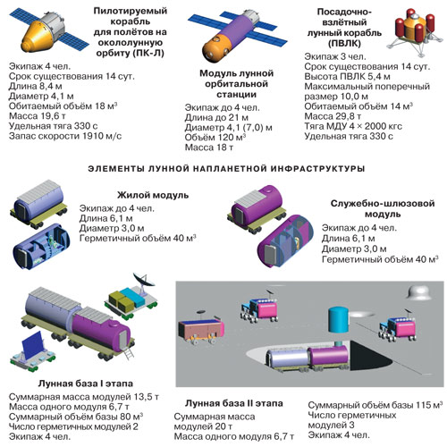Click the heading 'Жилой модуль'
click(153, 195)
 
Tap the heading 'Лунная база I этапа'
click(86, 384)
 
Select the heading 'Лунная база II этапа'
click(234, 403)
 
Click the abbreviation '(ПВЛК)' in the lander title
click(344, 44)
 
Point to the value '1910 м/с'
click(102, 136)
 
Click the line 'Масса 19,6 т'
click(38, 116)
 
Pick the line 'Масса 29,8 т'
click(333, 116)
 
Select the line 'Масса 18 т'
click(209, 148)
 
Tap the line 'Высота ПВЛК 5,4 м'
click(347, 77)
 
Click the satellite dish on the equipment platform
click(144, 280)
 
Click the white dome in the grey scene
click(420, 292)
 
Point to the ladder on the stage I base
click(130, 353)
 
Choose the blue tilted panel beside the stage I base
click(33, 346)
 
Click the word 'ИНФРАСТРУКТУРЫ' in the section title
click(317, 169)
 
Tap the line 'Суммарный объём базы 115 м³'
click(375, 405)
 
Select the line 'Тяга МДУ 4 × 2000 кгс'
click(353, 126)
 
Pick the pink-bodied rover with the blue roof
click(200, 328)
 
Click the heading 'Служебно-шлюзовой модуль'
click(383, 208)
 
